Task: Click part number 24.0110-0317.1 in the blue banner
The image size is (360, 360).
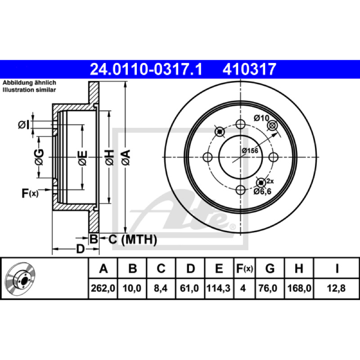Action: click(x=146, y=69)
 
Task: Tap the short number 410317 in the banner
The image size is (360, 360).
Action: click(x=249, y=69)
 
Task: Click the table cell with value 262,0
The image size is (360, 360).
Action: click(x=103, y=288)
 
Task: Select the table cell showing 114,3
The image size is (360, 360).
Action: click(x=218, y=288)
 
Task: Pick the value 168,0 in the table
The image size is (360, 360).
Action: click(x=299, y=288)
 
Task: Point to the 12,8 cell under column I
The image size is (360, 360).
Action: click(x=336, y=288)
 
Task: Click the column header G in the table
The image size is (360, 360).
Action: click(x=270, y=268)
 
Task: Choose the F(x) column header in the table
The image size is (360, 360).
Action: click(x=244, y=268)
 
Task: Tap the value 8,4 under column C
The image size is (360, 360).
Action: click(x=161, y=288)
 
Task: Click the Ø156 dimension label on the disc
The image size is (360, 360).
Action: click(x=250, y=151)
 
